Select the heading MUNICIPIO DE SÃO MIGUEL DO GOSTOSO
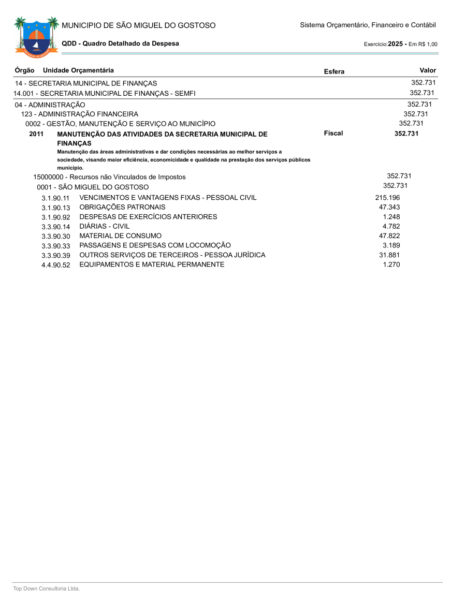[138, 25]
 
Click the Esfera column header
[334, 71]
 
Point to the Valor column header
[428, 70]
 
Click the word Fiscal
[333, 134]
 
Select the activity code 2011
[37, 134]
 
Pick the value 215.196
[387, 198]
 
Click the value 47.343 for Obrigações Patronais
[389, 207]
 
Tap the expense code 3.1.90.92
[56, 217]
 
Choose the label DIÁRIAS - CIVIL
[105, 226]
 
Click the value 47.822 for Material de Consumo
[389, 236]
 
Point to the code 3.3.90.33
[56, 246]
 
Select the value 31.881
[389, 255]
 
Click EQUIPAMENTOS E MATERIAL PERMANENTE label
[152, 264]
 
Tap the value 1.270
[391, 264]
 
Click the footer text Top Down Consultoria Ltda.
[47, 589]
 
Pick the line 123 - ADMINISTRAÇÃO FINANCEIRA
[80, 114]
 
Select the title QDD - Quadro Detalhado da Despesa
[120, 43]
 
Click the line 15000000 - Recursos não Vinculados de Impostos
[109, 177]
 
